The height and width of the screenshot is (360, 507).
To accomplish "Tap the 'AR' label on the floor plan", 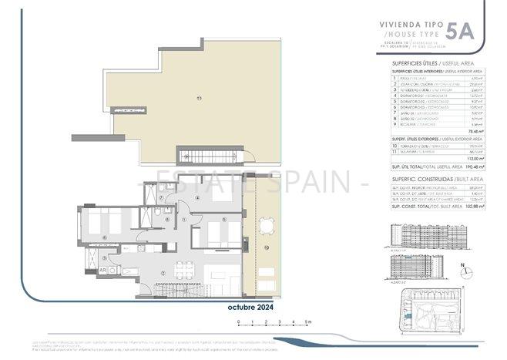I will pos(102,271).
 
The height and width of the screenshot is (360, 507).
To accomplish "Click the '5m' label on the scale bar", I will pos(306,321).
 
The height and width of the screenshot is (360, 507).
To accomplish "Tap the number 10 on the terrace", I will pos(265,247).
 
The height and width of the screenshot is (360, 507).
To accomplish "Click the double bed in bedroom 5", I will pos(216,231).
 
